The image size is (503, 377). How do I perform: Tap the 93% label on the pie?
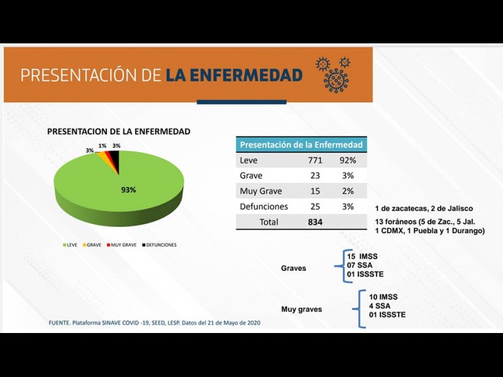pos(128,189)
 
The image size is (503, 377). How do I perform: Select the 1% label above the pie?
pos(102,146)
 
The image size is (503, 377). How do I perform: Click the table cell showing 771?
pos(315,160)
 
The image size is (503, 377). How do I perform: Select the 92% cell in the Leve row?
pos(347,160)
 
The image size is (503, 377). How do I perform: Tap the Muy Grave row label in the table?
pos(261,191)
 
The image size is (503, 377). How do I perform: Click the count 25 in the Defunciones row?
pos(315,206)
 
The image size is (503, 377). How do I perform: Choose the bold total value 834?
pos(315,222)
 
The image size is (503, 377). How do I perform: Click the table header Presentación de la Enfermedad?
pos(301,145)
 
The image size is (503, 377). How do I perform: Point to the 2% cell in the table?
pos(347,191)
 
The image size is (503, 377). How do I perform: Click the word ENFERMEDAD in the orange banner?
pos(234,75)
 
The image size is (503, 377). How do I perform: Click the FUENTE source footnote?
pos(154,323)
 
